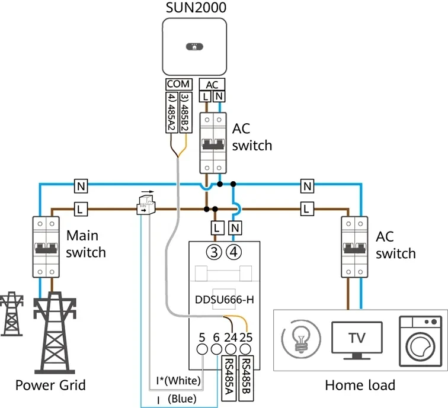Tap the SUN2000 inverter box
[194, 47]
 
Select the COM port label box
[178, 85]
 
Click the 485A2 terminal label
[171, 112]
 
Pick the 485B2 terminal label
[184, 112]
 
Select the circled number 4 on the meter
[235, 252]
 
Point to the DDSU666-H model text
[224, 299]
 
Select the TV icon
[356, 340]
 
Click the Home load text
[360, 385]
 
